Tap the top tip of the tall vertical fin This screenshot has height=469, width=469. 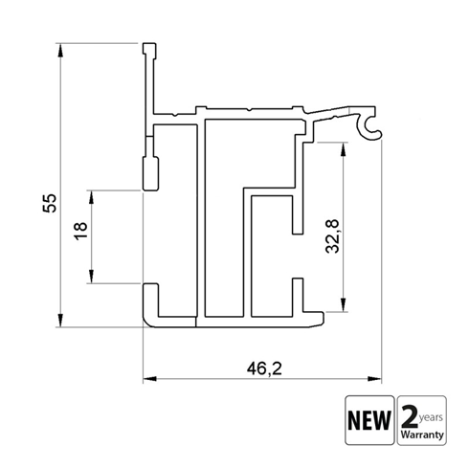click(x=149, y=45)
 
